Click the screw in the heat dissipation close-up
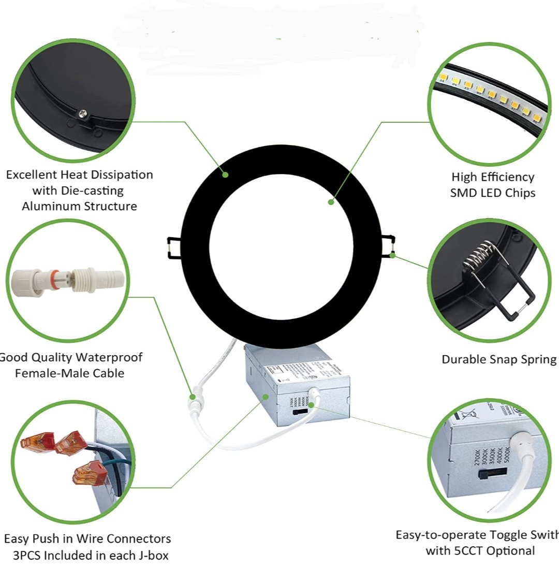coord(82,113)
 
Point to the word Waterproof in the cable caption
coord(107,357)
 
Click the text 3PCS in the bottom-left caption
coord(26,556)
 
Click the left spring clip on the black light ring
coord(174,247)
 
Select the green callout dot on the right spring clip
coord(393,255)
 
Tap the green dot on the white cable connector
coord(193,397)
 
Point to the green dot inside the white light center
coord(331,201)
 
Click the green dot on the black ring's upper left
coord(225,174)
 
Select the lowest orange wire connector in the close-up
coord(87,474)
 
